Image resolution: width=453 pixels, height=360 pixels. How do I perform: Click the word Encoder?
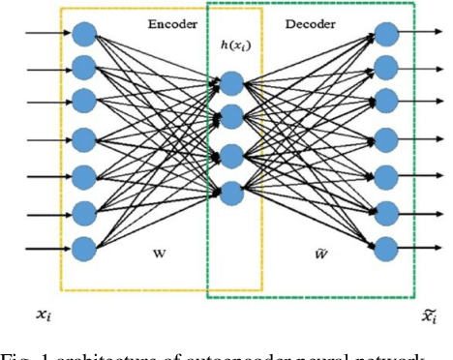click(x=173, y=23)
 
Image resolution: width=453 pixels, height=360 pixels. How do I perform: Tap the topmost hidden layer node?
click(x=231, y=83)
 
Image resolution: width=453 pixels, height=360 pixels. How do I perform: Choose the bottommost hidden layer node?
click(x=231, y=191)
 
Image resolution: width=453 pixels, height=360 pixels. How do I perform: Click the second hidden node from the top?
click(x=231, y=118)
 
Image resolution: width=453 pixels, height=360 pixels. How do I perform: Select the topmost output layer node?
click(x=386, y=35)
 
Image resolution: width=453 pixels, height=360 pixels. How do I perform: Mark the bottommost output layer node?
click(x=386, y=245)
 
